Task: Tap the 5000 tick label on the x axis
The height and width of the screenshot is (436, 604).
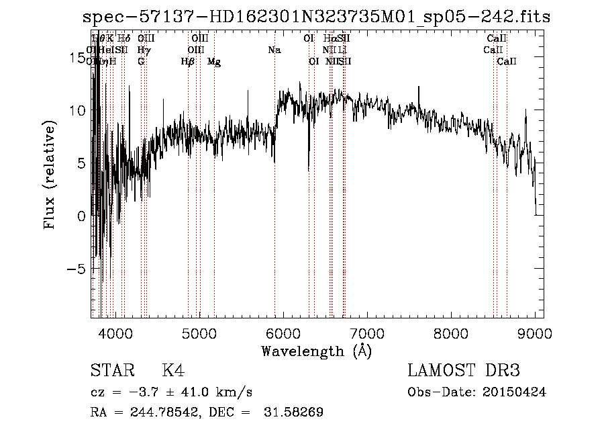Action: click(199, 333)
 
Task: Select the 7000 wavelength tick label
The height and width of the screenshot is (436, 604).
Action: click(367, 333)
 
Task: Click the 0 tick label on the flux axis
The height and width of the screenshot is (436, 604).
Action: click(81, 216)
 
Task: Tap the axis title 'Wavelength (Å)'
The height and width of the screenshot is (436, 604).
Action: click(316, 351)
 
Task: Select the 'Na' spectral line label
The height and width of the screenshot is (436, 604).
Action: click(274, 50)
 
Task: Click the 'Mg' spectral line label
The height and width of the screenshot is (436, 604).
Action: click(214, 62)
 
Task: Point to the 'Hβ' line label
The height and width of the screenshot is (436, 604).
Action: click(188, 62)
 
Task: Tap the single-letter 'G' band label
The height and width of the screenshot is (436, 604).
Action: click(141, 61)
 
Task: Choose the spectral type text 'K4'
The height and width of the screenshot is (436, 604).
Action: click(173, 371)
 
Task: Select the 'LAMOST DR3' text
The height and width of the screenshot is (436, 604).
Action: click(464, 371)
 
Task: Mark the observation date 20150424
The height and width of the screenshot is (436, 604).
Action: click(513, 392)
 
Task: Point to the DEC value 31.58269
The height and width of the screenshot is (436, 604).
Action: click(296, 412)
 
